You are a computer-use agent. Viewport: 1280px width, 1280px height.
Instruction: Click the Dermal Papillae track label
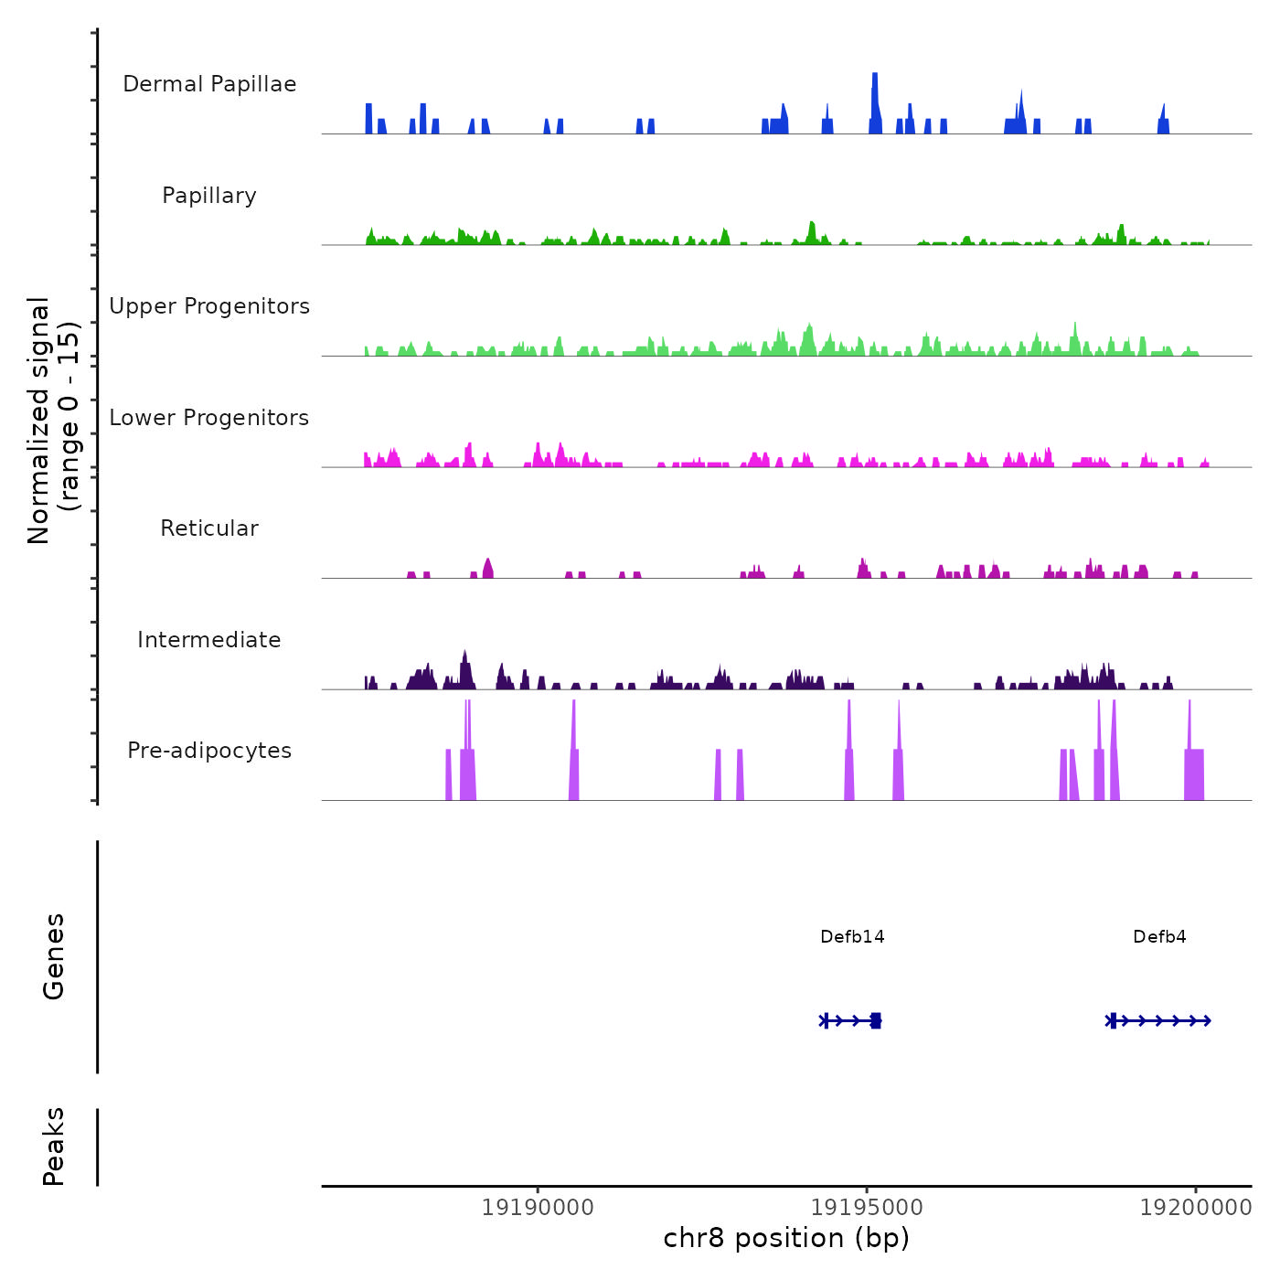(x=209, y=84)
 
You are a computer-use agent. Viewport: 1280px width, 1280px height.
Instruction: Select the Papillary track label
(x=209, y=196)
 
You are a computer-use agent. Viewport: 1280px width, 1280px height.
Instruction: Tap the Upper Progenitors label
(x=209, y=306)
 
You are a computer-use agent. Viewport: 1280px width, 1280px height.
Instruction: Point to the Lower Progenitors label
(x=209, y=418)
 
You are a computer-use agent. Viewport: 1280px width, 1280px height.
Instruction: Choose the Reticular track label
(x=209, y=528)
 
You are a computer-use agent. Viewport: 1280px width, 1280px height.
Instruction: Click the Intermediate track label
(x=209, y=640)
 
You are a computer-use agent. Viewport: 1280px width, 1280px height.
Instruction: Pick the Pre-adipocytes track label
(x=209, y=751)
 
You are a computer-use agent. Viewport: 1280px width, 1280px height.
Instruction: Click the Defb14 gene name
(x=852, y=936)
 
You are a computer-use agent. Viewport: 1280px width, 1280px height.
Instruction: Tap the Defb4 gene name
(x=1159, y=936)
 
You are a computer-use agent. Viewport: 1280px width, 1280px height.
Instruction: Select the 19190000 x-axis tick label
(x=538, y=1208)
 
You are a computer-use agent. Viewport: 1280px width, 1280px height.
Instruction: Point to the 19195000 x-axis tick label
(x=867, y=1208)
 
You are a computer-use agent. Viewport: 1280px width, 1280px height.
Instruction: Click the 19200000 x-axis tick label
(x=1195, y=1208)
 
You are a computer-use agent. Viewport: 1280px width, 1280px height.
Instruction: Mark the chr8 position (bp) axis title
(x=786, y=1238)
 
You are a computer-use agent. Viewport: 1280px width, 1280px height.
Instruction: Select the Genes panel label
(x=53, y=956)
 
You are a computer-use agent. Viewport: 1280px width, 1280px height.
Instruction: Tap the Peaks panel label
(x=53, y=1147)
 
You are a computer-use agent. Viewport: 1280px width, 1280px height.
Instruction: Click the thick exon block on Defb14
(x=876, y=1020)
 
